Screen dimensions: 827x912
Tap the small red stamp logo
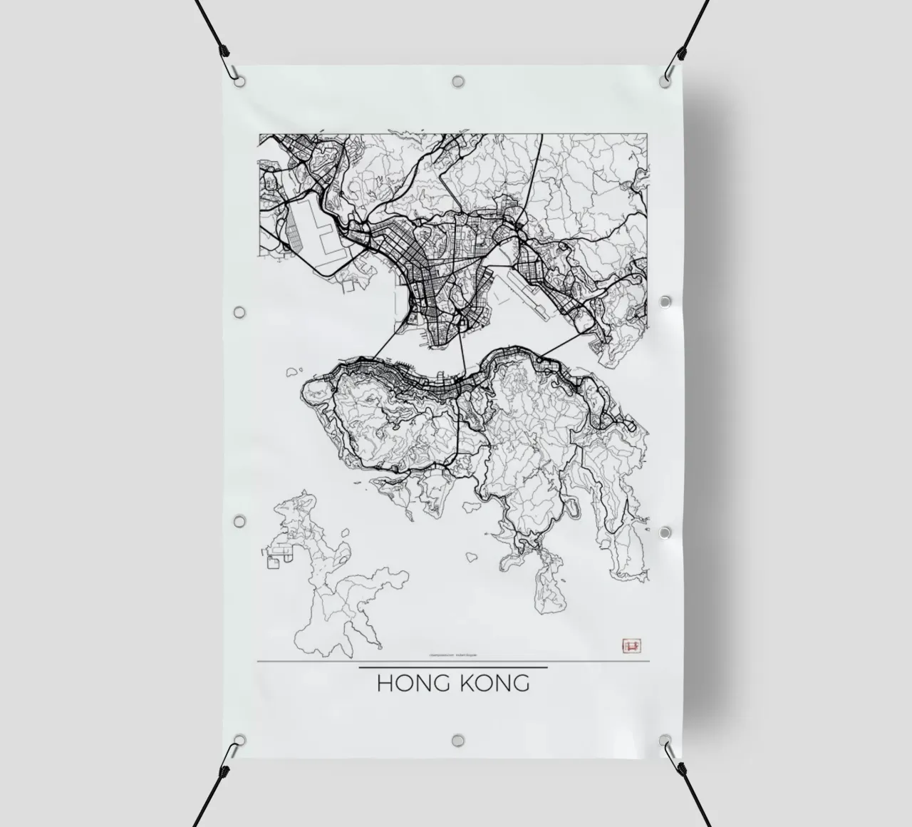(631, 645)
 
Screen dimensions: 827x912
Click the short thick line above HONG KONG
(452, 668)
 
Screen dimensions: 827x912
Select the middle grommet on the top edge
(457, 81)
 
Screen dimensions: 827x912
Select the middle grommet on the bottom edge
(456, 740)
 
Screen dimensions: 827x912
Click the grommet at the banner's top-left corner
(240, 81)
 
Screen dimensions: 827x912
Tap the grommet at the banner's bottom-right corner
(664, 740)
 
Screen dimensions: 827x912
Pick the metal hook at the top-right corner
(670, 71)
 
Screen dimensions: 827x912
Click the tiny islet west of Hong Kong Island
(291, 371)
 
